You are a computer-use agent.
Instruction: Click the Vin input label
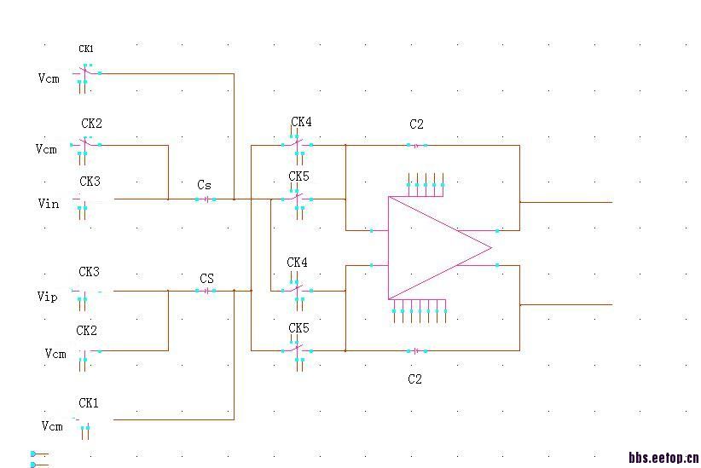(49, 204)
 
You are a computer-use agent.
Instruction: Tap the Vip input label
(48, 297)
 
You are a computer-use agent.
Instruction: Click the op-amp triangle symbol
(439, 248)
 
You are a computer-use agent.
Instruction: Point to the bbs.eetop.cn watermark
(663, 457)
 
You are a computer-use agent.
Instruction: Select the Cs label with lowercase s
(204, 185)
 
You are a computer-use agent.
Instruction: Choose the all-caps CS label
(206, 279)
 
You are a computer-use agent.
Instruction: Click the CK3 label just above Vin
(90, 181)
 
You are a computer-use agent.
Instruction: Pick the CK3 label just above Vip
(89, 272)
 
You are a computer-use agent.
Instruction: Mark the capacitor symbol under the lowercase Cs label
(206, 199)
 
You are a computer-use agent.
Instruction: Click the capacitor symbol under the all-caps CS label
(206, 291)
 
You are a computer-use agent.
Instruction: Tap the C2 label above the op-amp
(416, 124)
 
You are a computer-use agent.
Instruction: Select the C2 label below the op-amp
(414, 379)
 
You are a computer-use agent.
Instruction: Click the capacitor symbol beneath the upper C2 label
(417, 145)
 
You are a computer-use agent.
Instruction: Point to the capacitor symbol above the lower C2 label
(417, 351)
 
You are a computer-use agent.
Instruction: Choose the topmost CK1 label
(86, 49)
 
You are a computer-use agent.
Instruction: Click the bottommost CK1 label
(89, 403)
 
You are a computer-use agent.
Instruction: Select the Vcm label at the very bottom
(52, 426)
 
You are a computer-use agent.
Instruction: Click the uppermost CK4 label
(301, 122)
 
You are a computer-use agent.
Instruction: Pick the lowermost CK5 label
(298, 328)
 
